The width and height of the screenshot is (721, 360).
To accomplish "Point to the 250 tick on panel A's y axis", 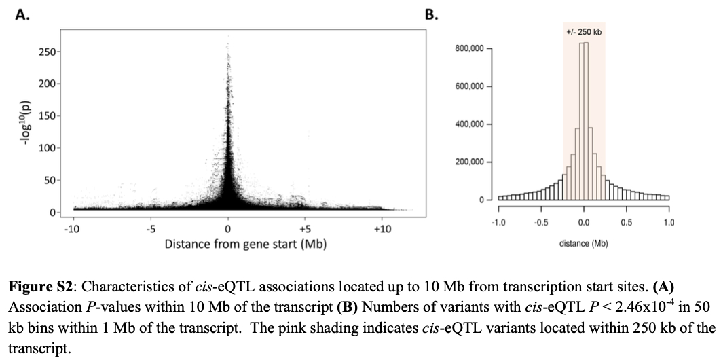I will [x=47, y=52].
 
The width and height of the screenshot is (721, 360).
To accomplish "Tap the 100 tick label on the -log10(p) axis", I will [x=47, y=148].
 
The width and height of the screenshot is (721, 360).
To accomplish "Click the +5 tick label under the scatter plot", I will [x=304, y=229].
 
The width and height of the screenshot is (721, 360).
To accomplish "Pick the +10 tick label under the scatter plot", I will [x=382, y=229].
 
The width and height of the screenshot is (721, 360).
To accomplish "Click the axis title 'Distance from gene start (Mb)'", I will [x=246, y=243].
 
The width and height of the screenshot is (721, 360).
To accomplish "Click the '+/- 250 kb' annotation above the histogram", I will [x=584, y=32].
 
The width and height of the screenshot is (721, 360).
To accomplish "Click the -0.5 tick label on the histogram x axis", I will [x=541, y=223].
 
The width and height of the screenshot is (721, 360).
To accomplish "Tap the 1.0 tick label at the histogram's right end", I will [x=669, y=223].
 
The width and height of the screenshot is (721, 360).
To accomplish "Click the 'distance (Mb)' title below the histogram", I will [x=583, y=242].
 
